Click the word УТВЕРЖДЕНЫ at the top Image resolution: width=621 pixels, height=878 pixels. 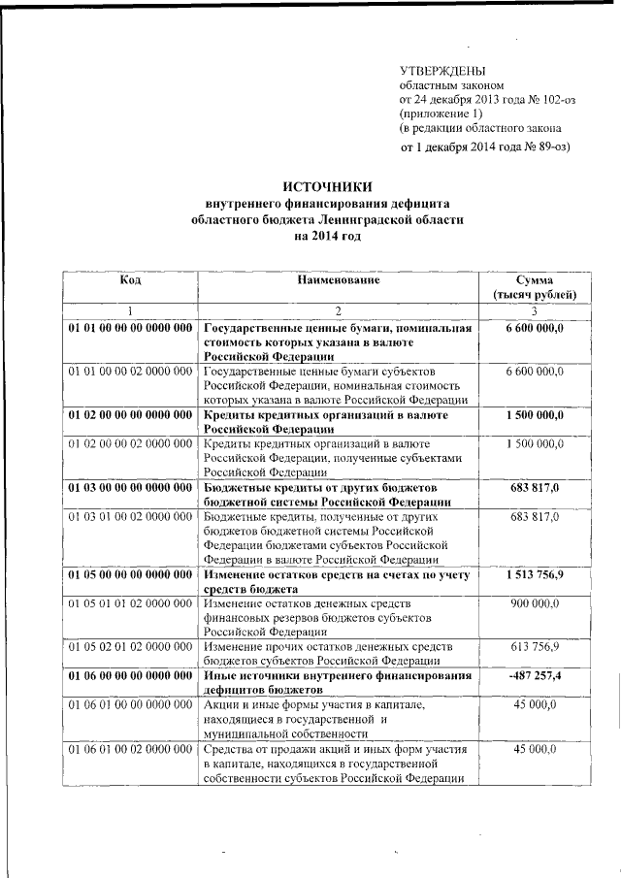pyautogui.click(x=443, y=70)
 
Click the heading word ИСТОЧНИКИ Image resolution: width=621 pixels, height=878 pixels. pyautogui.click(x=327, y=186)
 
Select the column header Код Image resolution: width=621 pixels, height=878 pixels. pyautogui.click(x=131, y=279)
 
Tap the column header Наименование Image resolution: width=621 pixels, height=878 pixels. pyautogui.click(x=339, y=279)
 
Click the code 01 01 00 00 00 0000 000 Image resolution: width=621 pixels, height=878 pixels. pyautogui.click(x=131, y=328)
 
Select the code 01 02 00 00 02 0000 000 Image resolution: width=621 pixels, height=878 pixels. pyautogui.click(x=131, y=443)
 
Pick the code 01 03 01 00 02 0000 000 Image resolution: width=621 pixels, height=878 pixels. pyautogui.click(x=131, y=517)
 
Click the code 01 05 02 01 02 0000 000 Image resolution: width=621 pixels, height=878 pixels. pyautogui.click(x=131, y=645)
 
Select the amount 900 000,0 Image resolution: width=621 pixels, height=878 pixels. pyautogui.click(x=535, y=603)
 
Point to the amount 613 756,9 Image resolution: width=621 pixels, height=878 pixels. pyautogui.click(x=535, y=645)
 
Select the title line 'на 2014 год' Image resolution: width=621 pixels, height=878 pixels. pyautogui.click(x=327, y=236)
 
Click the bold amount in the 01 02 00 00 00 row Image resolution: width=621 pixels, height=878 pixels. pyautogui.click(x=535, y=414)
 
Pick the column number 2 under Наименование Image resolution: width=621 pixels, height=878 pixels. pyautogui.click(x=339, y=310)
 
